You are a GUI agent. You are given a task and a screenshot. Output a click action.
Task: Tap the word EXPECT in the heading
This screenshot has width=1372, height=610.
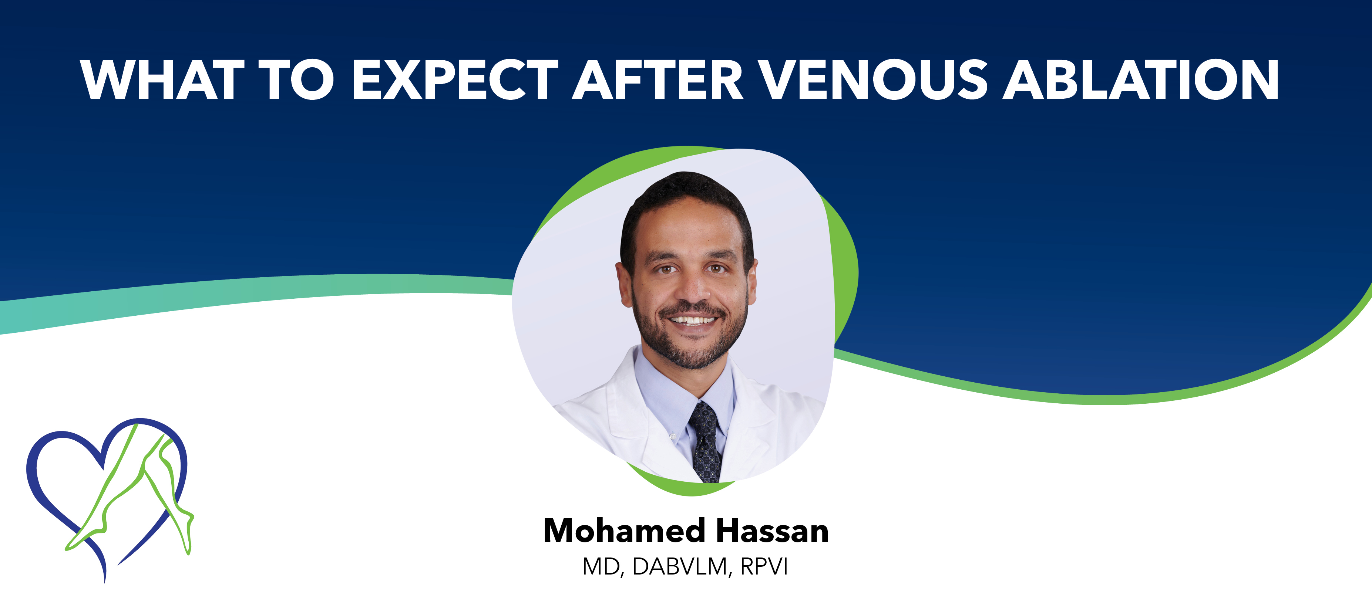pos(455,80)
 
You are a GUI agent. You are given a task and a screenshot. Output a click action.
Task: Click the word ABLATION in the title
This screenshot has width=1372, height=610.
pos(1141,80)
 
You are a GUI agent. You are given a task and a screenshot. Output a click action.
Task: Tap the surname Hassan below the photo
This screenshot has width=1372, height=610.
pos(772,531)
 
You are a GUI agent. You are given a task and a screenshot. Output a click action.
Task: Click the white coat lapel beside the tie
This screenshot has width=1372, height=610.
pos(746,426)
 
